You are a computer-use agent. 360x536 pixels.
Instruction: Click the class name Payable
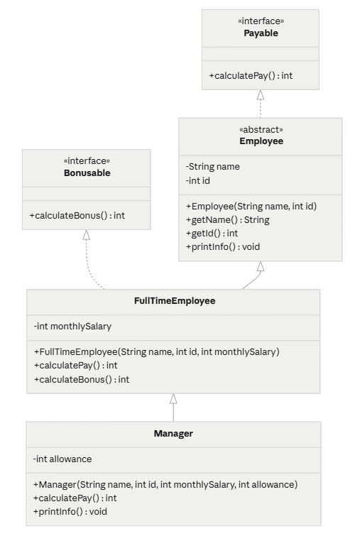(261, 33)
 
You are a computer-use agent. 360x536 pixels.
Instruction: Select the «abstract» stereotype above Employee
(261, 129)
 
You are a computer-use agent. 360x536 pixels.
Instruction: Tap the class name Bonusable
(87, 173)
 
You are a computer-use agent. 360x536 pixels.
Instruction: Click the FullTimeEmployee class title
(175, 301)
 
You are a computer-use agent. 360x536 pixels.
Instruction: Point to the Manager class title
(173, 434)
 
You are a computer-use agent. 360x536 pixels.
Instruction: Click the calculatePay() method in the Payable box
(251, 75)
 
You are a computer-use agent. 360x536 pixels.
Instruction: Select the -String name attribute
(212, 166)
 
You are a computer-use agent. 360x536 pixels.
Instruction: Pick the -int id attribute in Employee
(198, 180)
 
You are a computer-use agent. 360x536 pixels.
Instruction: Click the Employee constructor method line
(251, 206)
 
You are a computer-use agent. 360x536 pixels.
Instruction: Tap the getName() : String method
(228, 220)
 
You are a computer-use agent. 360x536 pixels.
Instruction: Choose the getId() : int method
(212, 233)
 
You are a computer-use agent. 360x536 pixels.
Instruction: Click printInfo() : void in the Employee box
(223, 247)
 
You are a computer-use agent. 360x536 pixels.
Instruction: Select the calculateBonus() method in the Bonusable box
(77, 215)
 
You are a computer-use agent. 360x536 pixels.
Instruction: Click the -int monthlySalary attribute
(73, 326)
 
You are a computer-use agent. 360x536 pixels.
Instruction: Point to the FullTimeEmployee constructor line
(157, 351)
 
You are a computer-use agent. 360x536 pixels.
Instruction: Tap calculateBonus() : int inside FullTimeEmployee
(82, 379)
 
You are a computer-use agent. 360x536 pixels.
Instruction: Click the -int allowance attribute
(62, 459)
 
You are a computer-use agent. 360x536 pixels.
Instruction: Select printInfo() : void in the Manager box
(70, 511)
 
